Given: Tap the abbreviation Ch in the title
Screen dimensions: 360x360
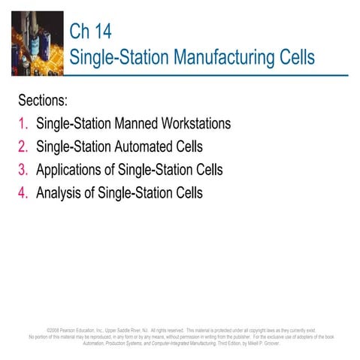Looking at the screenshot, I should pyautogui.click(x=79, y=32).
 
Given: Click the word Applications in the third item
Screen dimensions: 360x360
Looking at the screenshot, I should pyautogui.click(x=69, y=170).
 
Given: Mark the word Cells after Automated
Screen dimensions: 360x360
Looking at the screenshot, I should pyautogui.click(x=187, y=147).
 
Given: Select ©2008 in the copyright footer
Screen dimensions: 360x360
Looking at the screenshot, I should pyautogui.click(x=53, y=330).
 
